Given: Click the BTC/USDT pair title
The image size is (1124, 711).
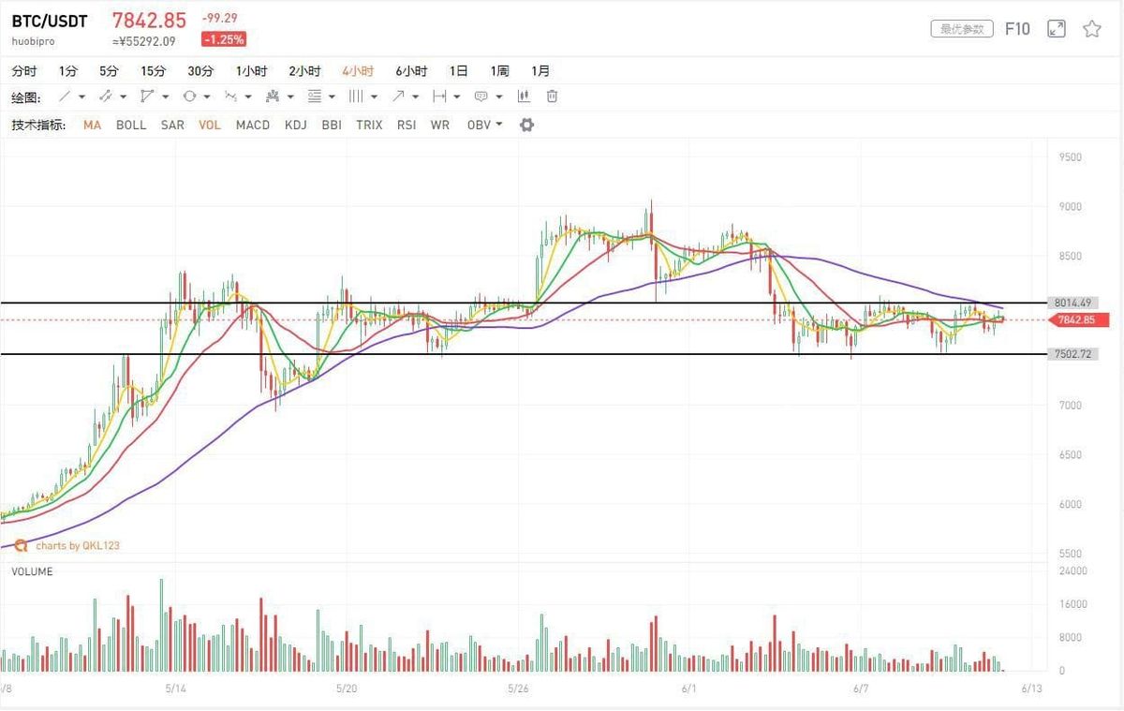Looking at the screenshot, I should click(x=50, y=22).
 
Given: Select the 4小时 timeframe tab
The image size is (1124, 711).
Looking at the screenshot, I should click(x=358, y=71).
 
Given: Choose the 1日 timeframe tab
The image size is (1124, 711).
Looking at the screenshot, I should click(x=459, y=71).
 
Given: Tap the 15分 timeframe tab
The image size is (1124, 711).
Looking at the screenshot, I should click(x=153, y=71).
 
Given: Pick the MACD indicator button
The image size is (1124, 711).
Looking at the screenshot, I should click(x=253, y=125).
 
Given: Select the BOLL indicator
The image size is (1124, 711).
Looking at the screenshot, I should click(x=131, y=125).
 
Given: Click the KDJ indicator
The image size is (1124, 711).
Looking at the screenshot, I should click(x=296, y=125).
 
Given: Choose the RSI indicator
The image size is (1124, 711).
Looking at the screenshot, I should click(x=407, y=125).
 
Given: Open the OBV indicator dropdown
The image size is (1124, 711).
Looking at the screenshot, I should click(x=484, y=125).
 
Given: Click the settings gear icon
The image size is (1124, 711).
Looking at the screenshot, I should click(x=526, y=125).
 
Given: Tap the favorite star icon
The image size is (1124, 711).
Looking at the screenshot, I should click(x=1092, y=29).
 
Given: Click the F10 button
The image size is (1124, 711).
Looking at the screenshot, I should click(x=1017, y=29).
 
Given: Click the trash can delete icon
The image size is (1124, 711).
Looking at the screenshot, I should click(x=553, y=96).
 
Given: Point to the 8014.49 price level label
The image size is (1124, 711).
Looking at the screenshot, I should click(x=1072, y=303).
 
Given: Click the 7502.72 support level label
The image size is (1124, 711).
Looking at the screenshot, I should click(x=1072, y=354).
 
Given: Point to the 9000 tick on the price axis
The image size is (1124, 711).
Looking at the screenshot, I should click(x=1070, y=206).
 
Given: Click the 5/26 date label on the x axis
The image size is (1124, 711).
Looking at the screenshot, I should click(x=517, y=689).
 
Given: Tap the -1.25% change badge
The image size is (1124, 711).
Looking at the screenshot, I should click(x=224, y=39).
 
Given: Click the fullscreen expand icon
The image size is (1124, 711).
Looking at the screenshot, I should click(x=1057, y=29).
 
